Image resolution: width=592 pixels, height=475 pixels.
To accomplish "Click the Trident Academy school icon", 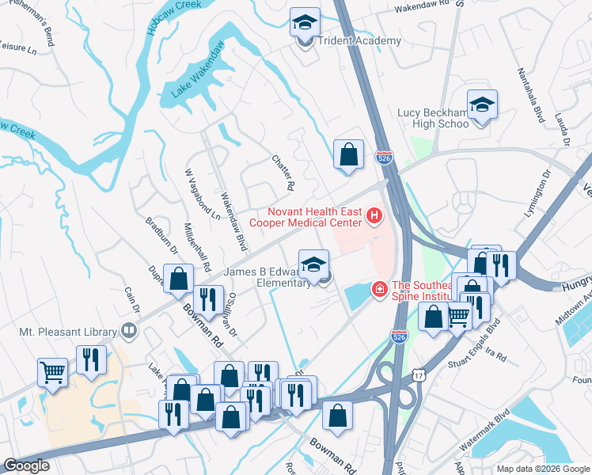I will pyautogui.click(x=305, y=23).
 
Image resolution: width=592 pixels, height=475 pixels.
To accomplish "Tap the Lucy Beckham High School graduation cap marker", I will pyautogui.click(x=482, y=105).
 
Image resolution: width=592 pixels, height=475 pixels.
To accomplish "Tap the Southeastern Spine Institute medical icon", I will pyautogui.click(x=380, y=291).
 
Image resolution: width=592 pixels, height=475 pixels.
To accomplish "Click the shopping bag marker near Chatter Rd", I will pyautogui.click(x=348, y=155).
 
